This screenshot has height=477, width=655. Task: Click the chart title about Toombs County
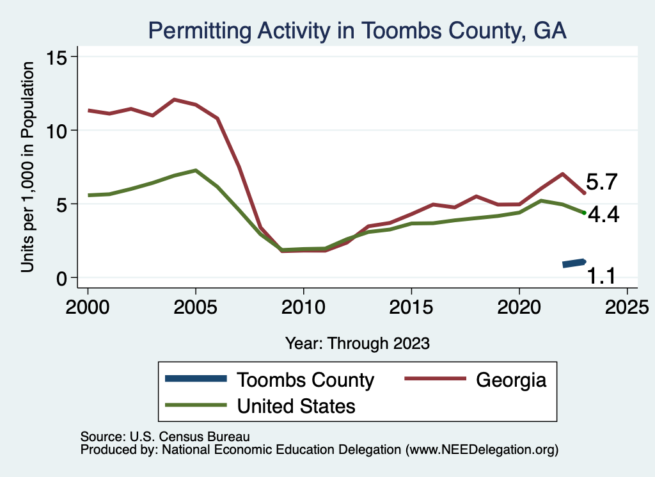(357, 30)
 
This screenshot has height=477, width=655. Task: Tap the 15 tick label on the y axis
(59, 57)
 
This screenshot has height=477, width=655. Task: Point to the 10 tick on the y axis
(59, 131)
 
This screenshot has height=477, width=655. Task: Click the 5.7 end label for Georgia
(601, 183)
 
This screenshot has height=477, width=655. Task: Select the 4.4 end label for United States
(603, 215)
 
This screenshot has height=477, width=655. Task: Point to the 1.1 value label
(601, 276)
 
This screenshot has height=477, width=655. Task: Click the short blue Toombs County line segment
(574, 263)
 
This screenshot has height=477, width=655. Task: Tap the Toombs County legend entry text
(305, 380)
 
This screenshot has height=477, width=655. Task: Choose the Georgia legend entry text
(511, 380)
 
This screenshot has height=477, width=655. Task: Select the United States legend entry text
(296, 405)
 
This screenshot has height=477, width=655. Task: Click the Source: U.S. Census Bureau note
(164, 437)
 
